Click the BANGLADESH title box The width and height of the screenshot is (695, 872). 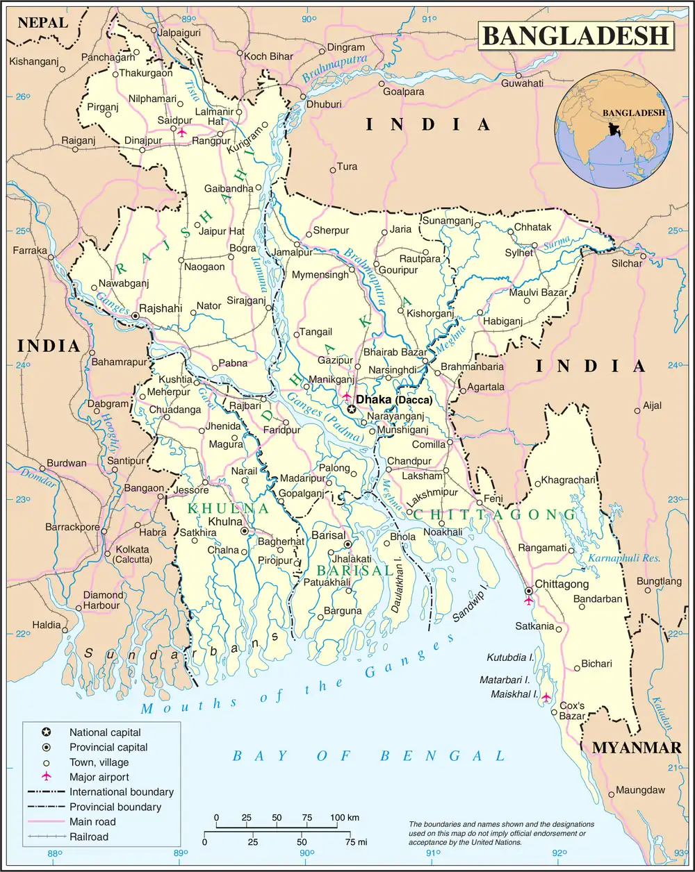pos(576,35)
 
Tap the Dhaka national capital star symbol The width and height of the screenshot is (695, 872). pos(352,410)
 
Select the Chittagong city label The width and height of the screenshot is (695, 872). pos(561,585)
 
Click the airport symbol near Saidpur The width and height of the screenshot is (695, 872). pos(183,132)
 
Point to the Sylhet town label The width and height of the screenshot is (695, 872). pos(519,253)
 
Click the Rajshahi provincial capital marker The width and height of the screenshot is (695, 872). pos(136,317)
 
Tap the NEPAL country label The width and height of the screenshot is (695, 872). pos(42,22)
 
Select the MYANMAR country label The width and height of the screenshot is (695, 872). pos(637,748)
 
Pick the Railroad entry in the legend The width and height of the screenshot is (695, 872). pos(89,837)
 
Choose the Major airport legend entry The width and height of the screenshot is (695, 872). pos(99,777)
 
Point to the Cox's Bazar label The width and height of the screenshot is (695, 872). pos(572,711)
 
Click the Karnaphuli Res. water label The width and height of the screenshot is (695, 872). pos(619,558)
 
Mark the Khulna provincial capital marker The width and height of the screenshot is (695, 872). pos(244,531)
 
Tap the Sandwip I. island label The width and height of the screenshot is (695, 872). pos(472,606)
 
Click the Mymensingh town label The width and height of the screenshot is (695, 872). pos(320,275)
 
